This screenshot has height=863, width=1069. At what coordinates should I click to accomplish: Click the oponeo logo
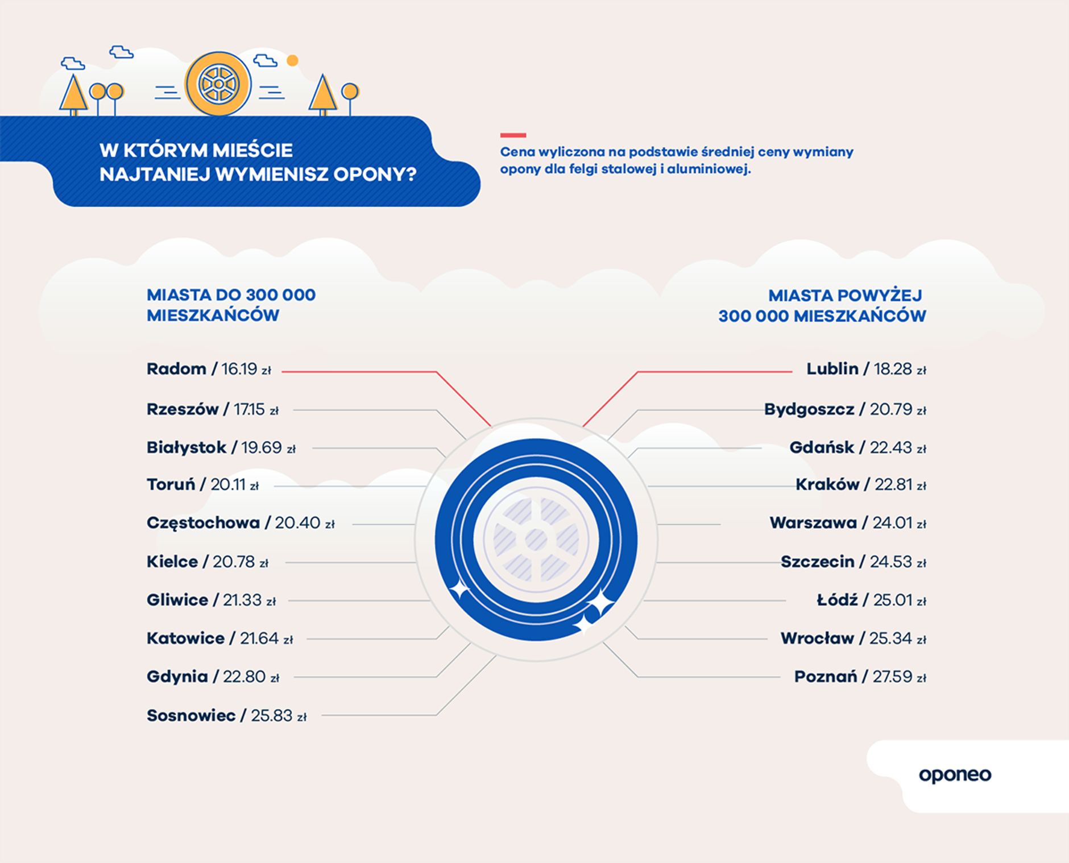(x=955, y=775)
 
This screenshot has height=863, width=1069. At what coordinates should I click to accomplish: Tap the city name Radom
(x=176, y=369)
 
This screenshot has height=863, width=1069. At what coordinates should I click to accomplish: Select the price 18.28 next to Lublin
(x=893, y=369)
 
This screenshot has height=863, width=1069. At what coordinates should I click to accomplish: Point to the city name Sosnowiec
(x=191, y=715)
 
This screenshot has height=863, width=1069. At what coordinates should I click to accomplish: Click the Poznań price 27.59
(x=892, y=677)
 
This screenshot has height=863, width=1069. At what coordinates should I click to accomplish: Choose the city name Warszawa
(x=813, y=523)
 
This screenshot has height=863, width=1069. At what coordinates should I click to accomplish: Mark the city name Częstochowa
(x=203, y=523)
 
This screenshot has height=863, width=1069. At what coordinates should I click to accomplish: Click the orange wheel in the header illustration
(x=218, y=84)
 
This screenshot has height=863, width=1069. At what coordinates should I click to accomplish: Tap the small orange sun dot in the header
(x=292, y=60)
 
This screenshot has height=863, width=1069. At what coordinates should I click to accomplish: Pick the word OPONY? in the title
(x=375, y=174)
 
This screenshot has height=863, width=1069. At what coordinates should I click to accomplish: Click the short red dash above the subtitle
(x=513, y=135)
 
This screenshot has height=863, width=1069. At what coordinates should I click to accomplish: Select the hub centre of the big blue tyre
(x=536, y=540)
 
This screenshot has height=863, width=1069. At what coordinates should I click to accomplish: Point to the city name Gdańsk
(x=822, y=448)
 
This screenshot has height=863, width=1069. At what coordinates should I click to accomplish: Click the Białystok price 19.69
(x=261, y=448)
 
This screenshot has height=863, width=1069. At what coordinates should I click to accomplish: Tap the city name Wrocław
(x=817, y=638)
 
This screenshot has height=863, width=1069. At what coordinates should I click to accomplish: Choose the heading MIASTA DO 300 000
(x=231, y=295)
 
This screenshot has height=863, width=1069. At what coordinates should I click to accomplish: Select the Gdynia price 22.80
(x=244, y=677)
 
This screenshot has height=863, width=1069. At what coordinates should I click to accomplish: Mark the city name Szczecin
(x=817, y=562)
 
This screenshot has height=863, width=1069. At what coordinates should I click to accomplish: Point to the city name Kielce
(x=172, y=562)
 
